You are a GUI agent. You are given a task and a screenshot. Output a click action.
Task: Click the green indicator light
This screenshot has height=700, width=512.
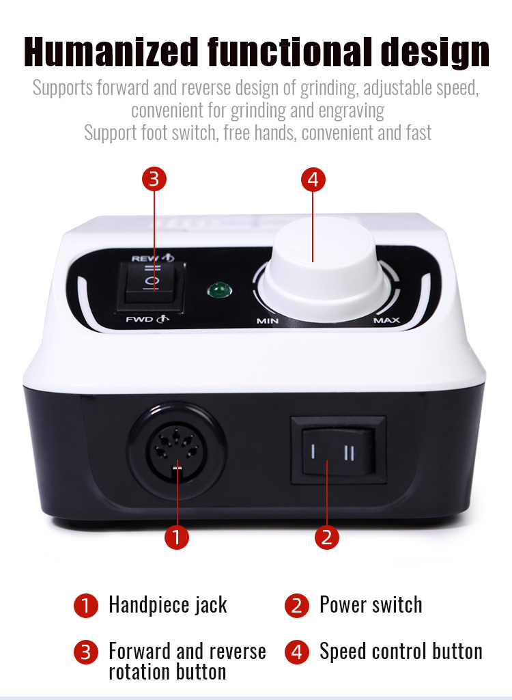(219, 291)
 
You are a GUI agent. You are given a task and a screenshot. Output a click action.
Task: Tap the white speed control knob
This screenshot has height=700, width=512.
(325, 270)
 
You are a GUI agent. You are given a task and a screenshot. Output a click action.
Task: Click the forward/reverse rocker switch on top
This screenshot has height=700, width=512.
(151, 286)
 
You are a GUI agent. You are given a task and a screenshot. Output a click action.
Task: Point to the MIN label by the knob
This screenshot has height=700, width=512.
(267, 321)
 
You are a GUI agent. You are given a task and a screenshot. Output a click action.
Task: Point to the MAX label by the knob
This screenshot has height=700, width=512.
(386, 320)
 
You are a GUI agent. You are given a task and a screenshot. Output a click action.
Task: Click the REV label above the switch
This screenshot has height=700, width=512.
(145, 258)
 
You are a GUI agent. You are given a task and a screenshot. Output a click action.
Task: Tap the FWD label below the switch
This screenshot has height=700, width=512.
(140, 319)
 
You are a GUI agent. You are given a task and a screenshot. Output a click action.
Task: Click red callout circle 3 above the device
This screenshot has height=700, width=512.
(154, 180)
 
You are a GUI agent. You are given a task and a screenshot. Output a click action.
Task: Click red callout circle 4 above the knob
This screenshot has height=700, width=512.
(313, 180)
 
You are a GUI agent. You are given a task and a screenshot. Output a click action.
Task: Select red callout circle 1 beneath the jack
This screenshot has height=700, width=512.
(177, 537)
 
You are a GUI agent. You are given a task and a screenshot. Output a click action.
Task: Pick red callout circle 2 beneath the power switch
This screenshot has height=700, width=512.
(327, 537)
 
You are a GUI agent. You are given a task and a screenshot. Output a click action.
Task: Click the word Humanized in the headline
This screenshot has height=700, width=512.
(111, 52)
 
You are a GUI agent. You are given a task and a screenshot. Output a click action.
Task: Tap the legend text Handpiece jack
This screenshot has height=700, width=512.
(168, 605)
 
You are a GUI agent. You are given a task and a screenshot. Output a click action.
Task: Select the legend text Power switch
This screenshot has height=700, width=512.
(371, 605)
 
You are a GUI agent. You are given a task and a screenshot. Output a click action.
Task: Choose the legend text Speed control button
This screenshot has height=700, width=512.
(401, 652)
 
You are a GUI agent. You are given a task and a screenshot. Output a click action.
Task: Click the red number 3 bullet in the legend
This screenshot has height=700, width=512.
(86, 652)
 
